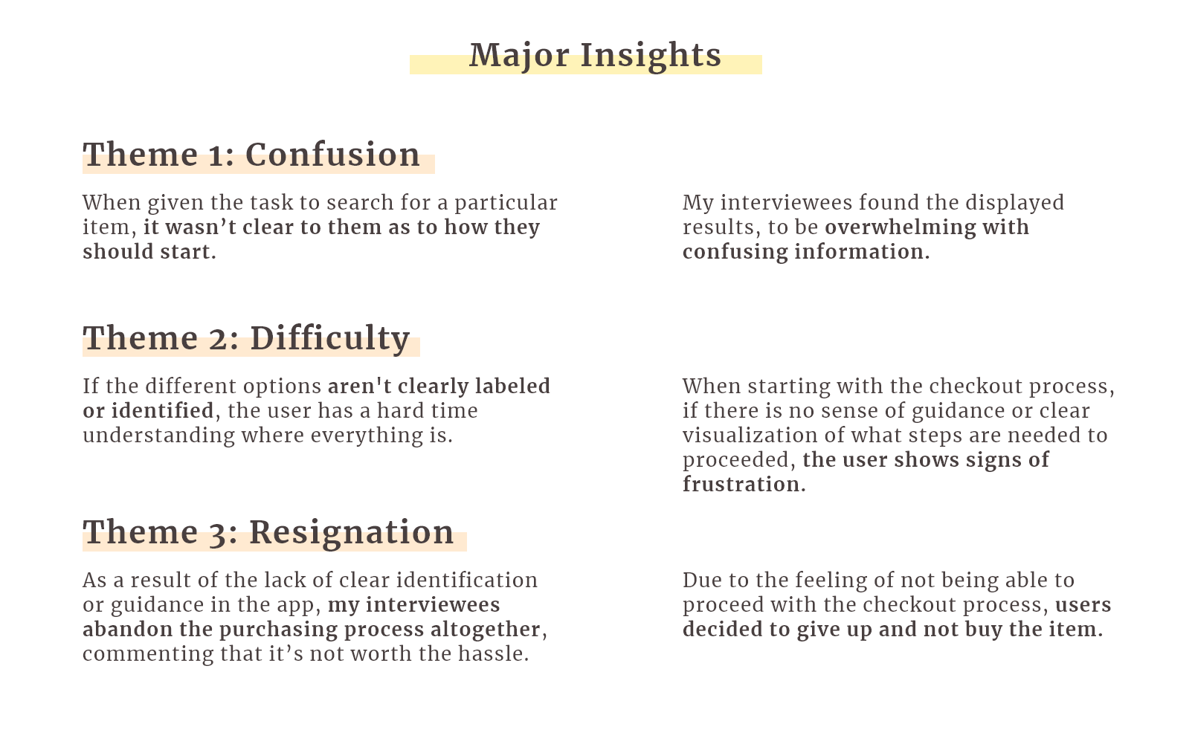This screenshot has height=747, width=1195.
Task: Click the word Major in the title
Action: tap(519, 55)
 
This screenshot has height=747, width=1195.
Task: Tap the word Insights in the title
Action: tap(651, 56)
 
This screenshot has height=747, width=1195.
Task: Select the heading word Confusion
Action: tap(332, 155)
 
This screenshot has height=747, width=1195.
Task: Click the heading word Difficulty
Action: tap(329, 339)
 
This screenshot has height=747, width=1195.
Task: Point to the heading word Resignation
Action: tap(352, 533)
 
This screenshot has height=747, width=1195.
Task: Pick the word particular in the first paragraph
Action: tap(506, 204)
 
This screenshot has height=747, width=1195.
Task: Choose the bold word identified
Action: tap(163, 410)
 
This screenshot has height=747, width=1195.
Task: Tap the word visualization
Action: tap(750, 435)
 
